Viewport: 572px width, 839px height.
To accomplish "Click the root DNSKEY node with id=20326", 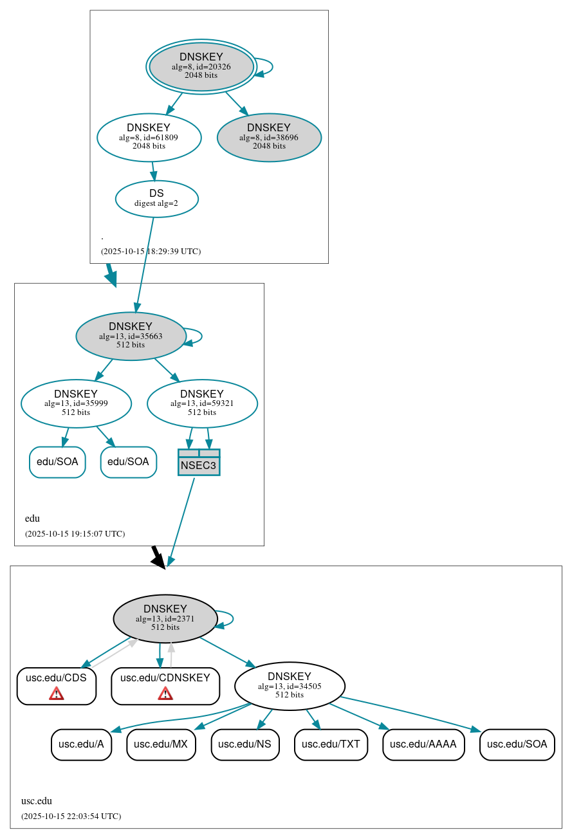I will point(201,66).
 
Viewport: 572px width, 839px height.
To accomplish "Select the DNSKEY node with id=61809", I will point(149,137).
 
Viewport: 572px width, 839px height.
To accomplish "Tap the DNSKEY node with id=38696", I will point(269,137).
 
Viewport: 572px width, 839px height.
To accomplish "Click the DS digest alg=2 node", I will point(156,198).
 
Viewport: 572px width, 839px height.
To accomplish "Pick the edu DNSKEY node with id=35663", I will point(131,336).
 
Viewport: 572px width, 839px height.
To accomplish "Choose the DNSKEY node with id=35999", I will point(76,403).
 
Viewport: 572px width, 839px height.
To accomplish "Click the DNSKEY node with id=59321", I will point(202,403).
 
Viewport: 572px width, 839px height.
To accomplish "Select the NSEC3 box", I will point(199,463).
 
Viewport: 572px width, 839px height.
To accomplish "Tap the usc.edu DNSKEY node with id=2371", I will point(165,618).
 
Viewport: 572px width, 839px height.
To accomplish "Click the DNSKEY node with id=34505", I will point(290,686).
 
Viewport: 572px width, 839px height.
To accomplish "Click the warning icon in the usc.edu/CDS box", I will point(57,694).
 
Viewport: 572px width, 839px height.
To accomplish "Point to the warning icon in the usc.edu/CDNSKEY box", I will point(165,694).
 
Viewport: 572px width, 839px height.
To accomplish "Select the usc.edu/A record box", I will point(81,744).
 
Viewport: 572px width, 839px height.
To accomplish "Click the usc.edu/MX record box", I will point(161,744).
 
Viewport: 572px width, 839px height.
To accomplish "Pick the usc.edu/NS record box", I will point(245,744).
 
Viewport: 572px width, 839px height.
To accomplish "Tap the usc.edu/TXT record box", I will point(331,744).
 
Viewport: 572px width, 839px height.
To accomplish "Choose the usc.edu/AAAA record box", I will point(423,744).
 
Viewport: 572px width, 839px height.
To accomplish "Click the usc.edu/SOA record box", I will point(517,744).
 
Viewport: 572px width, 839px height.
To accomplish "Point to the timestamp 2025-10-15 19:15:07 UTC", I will point(75,534).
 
